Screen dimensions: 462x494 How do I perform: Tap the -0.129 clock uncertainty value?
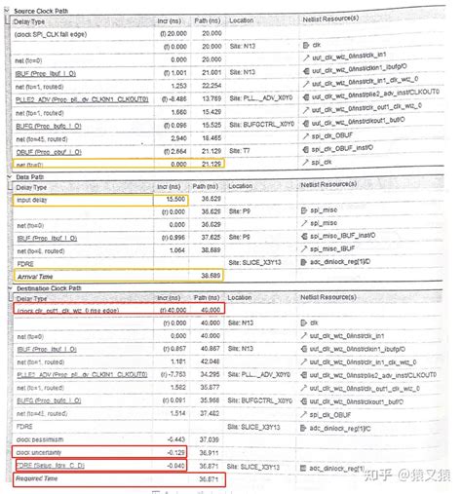(x=173, y=452)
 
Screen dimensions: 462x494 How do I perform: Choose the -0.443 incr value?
(x=173, y=439)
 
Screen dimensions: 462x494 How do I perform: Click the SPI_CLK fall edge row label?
(x=58, y=33)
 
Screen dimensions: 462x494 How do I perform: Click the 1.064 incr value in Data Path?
(x=173, y=247)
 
